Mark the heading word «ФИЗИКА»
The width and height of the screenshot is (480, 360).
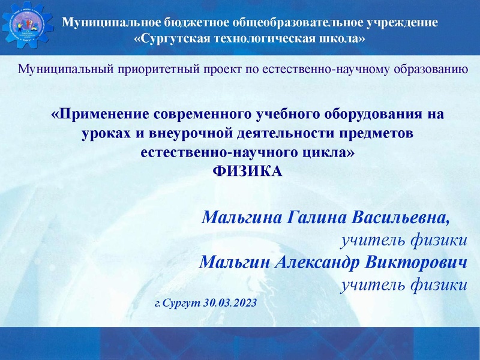(248, 172)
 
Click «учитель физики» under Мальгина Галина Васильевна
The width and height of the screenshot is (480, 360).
(403, 241)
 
